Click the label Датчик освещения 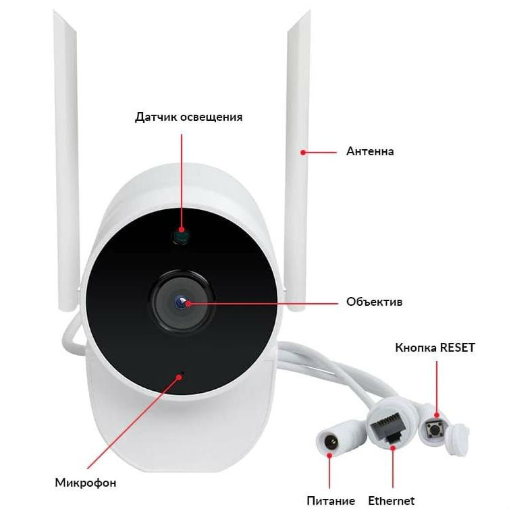[x=188, y=117]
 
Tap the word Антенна [x=369, y=151]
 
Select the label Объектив [x=374, y=302]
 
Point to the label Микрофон [x=85, y=483]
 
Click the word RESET [x=457, y=348]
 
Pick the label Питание [x=331, y=500]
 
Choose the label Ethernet [x=392, y=500]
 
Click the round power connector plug [x=331, y=442]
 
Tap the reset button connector [x=435, y=429]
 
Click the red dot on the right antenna [x=303, y=152]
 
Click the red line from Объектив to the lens [x=263, y=303]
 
